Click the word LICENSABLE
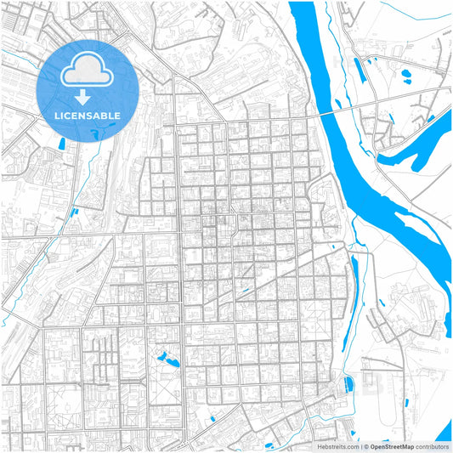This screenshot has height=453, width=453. click(88, 115)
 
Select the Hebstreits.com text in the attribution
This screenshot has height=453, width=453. click(337, 446)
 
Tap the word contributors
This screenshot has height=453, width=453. click(433, 446)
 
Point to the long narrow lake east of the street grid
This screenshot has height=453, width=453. click(354, 280)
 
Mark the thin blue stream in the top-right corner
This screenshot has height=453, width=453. click(438, 17)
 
